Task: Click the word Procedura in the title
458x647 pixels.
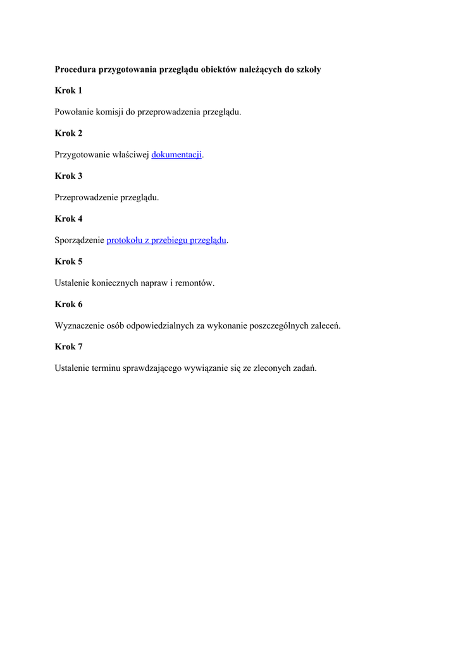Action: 75,70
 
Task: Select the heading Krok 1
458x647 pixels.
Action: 68,90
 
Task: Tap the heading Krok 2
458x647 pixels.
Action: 68,133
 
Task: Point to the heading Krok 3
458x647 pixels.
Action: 68,176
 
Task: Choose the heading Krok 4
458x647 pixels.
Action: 68,219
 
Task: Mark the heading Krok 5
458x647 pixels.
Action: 68,261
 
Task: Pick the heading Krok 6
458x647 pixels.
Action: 68,304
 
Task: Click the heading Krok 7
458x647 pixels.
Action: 68,346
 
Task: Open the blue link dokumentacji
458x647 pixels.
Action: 176,155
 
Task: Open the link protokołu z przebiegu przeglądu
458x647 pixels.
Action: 166,240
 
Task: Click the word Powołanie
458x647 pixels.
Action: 74,112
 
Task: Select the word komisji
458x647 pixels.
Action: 110,112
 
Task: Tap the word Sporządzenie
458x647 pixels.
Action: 79,240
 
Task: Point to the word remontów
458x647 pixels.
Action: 197,283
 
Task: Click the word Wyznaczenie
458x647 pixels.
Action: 78,325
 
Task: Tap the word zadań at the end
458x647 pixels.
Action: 304,368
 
